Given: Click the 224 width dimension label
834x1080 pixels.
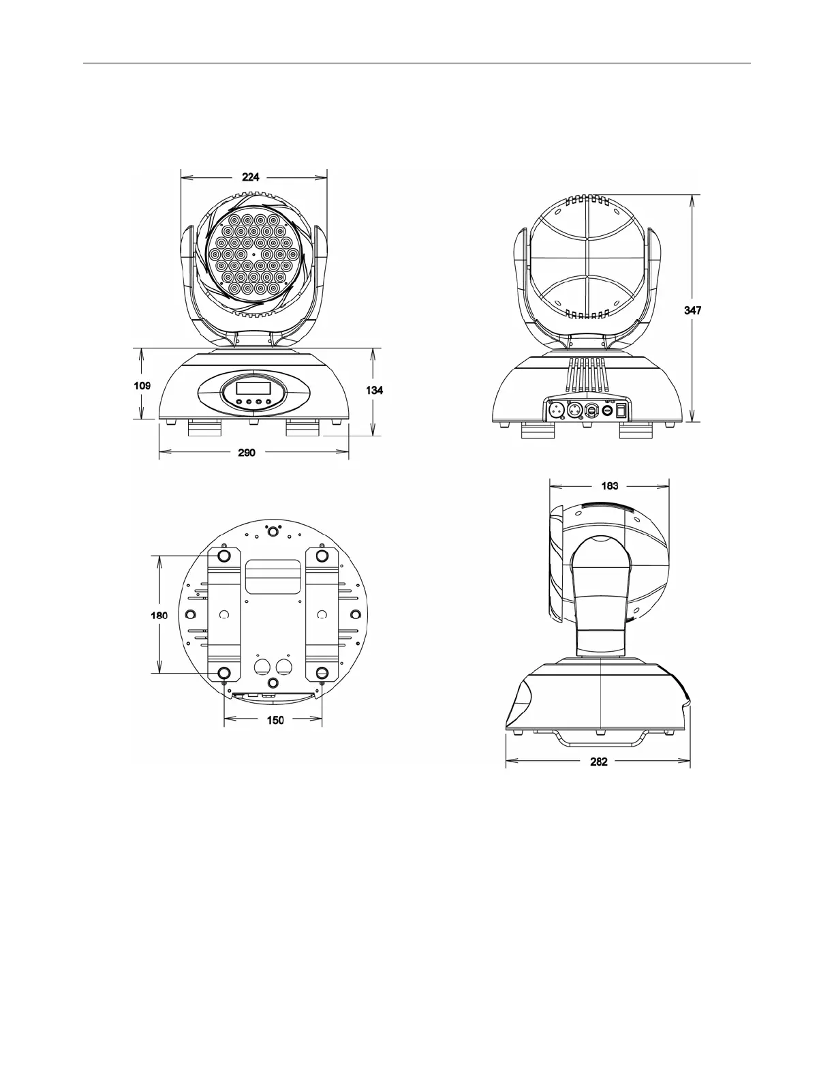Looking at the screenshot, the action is [x=250, y=177].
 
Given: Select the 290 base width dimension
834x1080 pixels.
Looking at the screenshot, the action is [x=247, y=452].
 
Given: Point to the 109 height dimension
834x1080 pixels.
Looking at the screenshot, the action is [x=142, y=385].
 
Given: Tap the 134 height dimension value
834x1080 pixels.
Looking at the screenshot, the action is [x=375, y=390].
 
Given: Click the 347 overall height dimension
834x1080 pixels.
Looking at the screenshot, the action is [x=692, y=310].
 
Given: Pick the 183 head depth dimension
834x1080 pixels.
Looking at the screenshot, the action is [x=609, y=485].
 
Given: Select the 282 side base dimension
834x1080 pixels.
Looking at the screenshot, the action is [x=598, y=762].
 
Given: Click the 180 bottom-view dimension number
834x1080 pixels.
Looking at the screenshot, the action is [x=159, y=615].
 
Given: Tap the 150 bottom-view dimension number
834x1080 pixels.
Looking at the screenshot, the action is [x=275, y=720].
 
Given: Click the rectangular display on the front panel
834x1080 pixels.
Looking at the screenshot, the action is [x=253, y=389].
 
